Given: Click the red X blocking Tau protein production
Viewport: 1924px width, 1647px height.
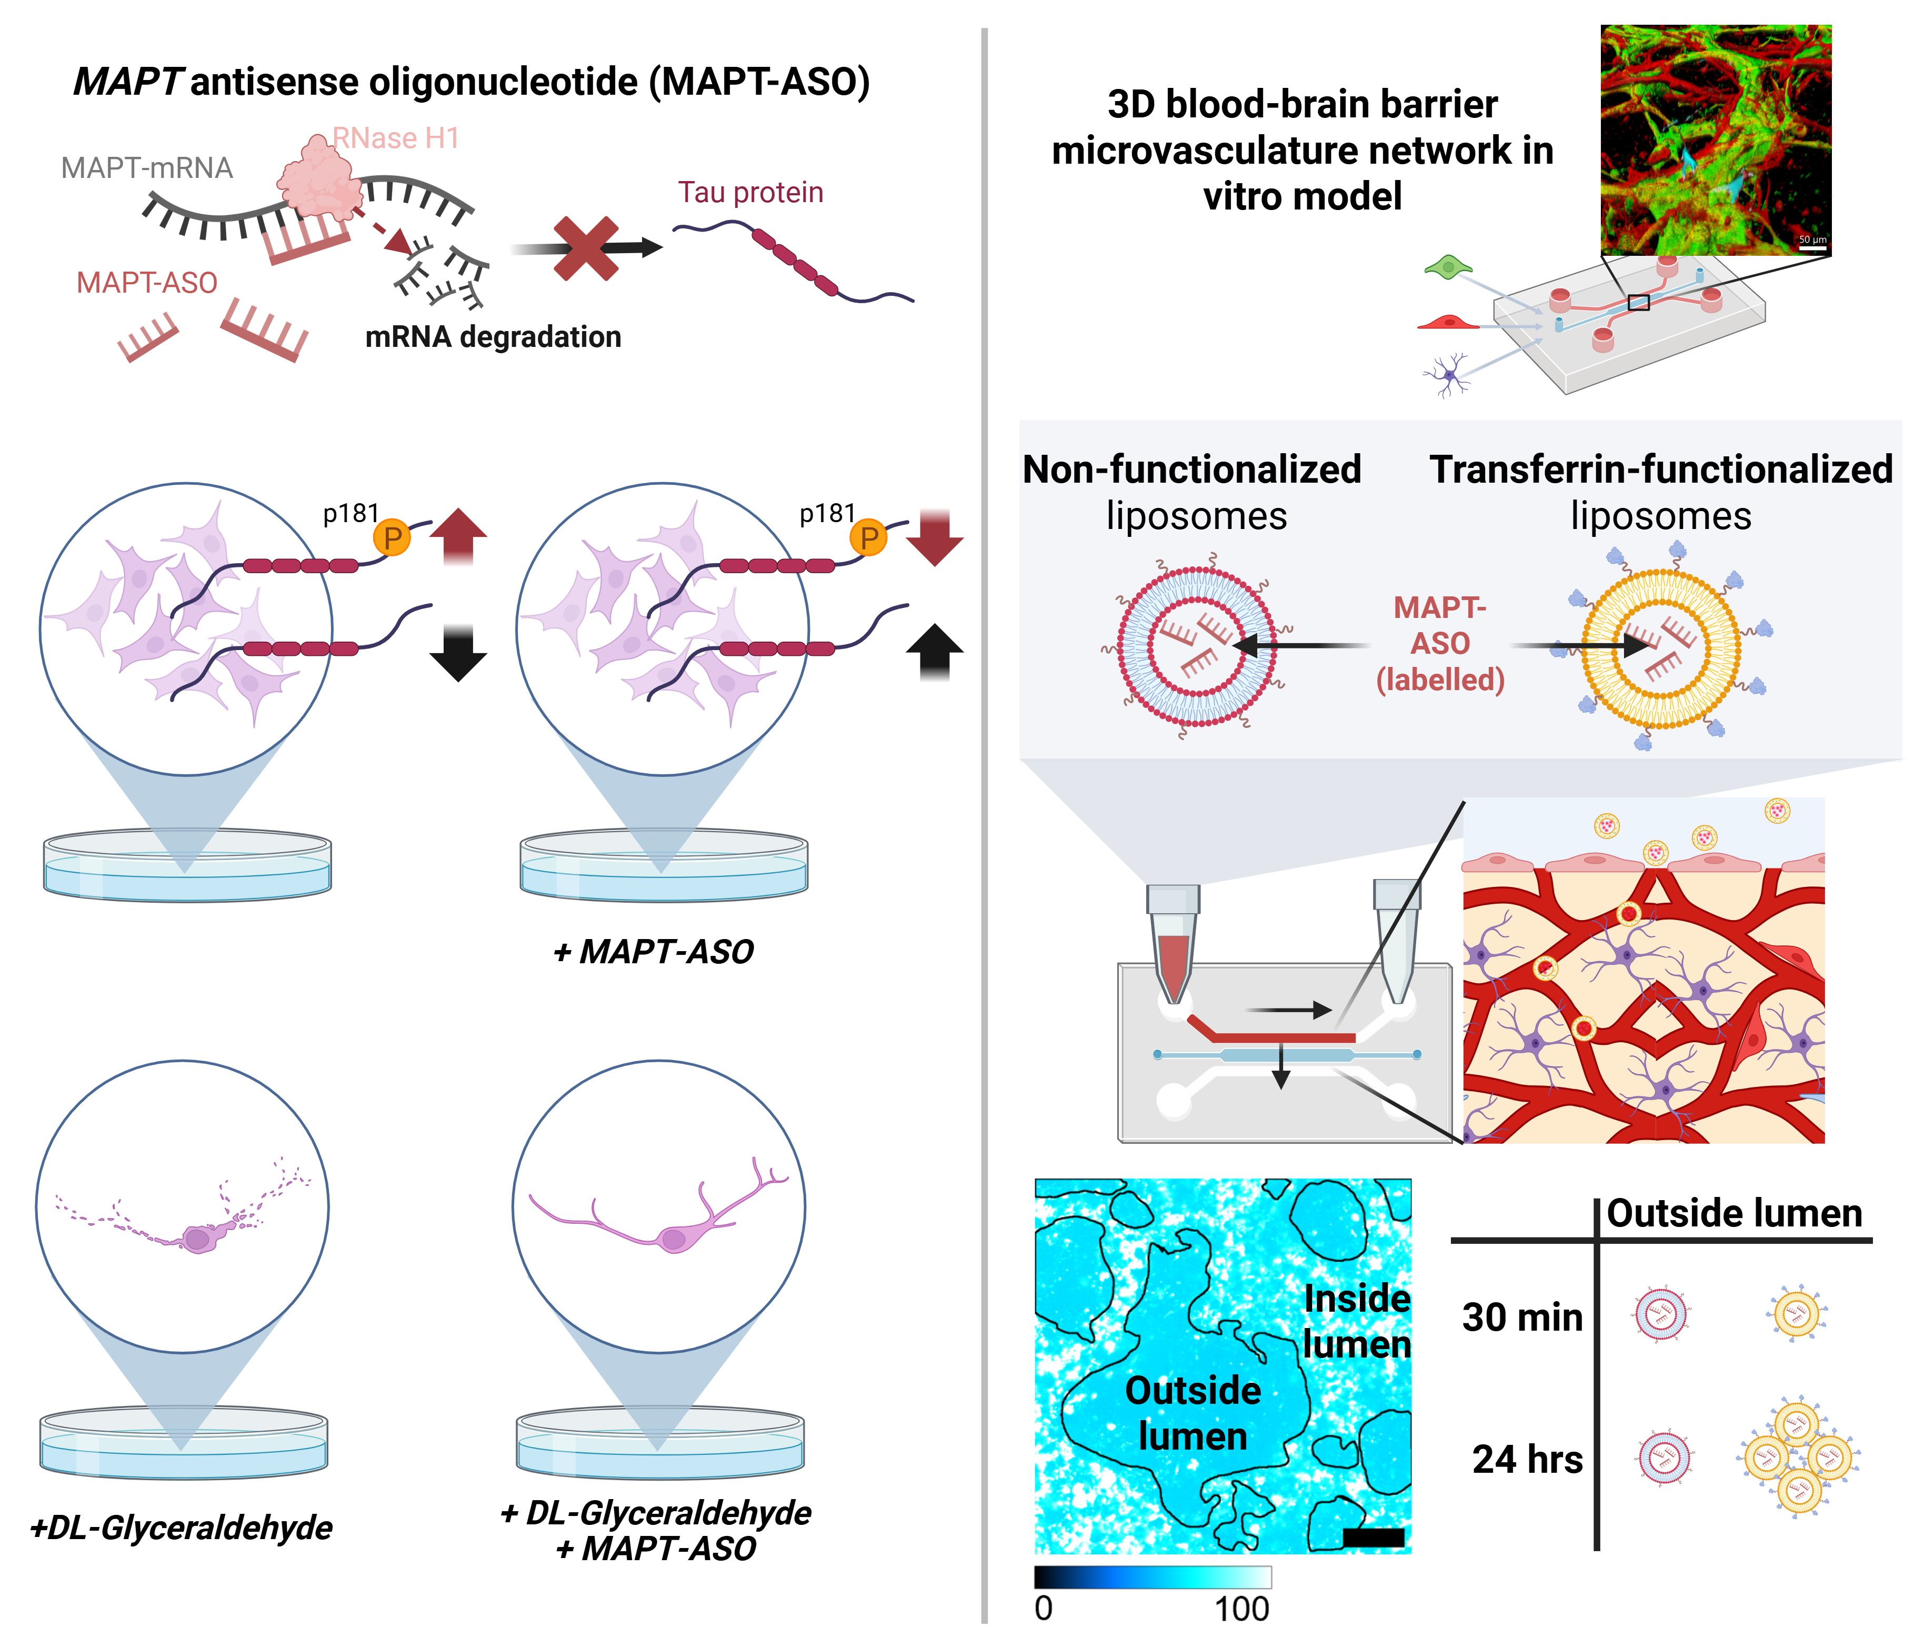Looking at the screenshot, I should click(585, 248).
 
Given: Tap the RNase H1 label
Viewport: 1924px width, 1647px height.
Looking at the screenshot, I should click(396, 138).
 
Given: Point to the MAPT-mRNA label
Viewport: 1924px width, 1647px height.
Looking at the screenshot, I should click(147, 168).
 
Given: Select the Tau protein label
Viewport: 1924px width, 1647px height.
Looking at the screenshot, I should click(750, 192).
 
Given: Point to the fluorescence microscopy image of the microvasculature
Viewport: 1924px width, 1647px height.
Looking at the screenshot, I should click(1715, 139).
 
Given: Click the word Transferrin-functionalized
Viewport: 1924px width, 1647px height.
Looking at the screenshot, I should click(1660, 469).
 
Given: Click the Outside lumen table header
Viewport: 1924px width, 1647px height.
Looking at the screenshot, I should click(1733, 1213).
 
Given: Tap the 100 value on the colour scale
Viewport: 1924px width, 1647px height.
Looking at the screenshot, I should click(1241, 1609).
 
